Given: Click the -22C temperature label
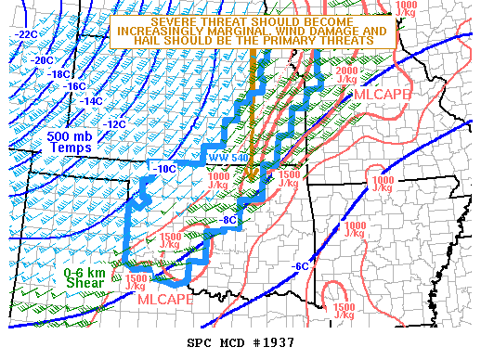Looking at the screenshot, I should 25,34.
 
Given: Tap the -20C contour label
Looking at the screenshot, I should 43,60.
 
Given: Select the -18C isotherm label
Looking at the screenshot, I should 58,74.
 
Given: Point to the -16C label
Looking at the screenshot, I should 75,86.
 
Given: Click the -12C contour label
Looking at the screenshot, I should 114,123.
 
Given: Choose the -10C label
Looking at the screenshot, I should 163,169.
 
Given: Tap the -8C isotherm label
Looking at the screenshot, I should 228,221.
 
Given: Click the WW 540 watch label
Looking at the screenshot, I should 227,158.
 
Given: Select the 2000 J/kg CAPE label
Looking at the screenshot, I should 346,75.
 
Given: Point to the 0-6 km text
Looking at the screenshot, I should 85,273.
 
